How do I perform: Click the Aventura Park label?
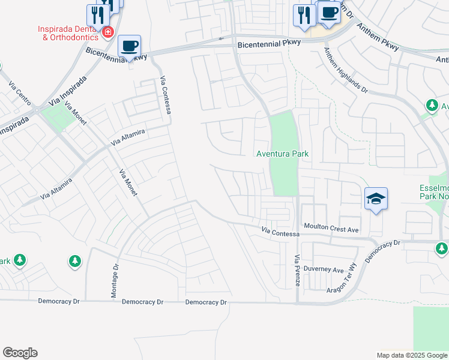click(282, 154)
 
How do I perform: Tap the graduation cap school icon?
click(376, 199)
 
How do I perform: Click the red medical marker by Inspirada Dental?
click(108, 32)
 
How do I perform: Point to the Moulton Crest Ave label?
click(330, 229)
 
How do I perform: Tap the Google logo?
click(20, 353)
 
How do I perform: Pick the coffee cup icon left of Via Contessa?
click(129, 46)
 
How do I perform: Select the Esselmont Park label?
click(433, 191)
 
